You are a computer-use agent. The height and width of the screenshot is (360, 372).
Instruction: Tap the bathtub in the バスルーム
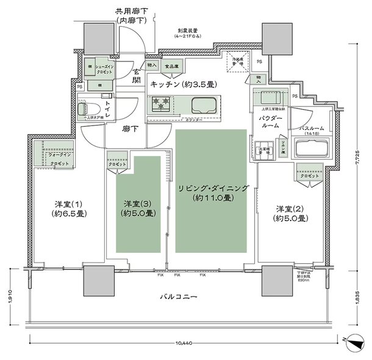point(312,149)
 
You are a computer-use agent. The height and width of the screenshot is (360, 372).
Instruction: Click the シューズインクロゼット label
point(106,68)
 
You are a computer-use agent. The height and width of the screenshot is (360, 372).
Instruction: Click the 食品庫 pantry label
point(173,65)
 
